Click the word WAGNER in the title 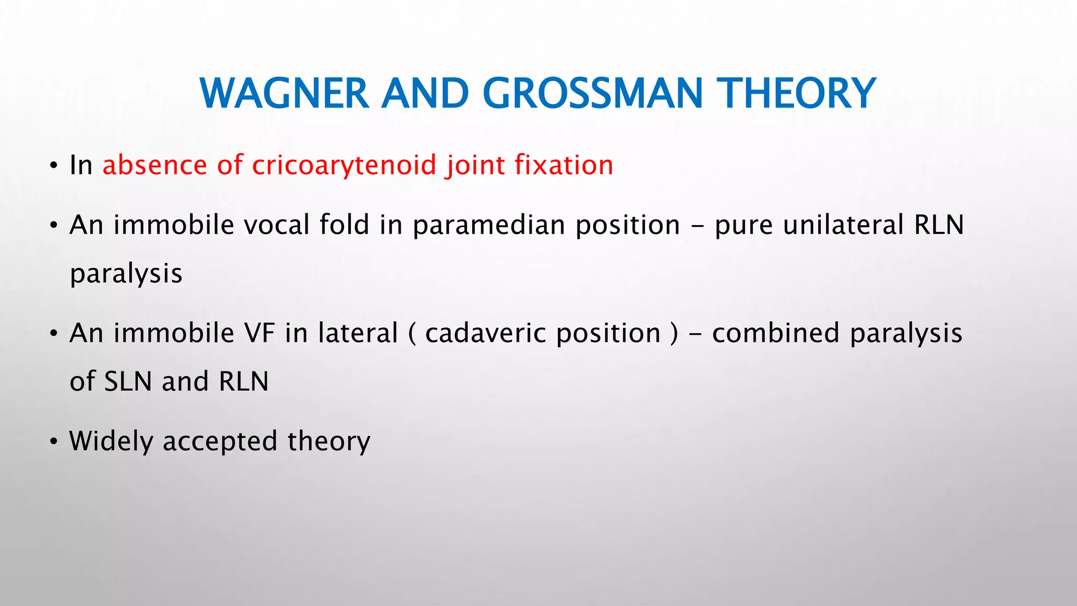point(284,94)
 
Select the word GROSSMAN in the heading point(593,94)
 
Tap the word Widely point(111,442)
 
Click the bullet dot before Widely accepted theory point(53,442)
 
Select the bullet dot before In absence point(53,167)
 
